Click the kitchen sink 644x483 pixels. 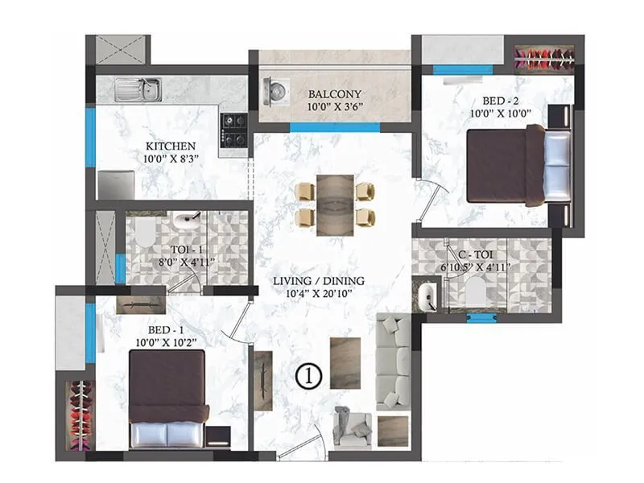coord(138,89)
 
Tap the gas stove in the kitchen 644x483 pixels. coord(235,130)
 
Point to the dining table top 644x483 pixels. coord(334,202)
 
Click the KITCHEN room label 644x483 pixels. coord(171,146)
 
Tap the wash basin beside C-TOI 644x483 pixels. coord(427,296)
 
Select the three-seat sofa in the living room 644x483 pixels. coord(394,363)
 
